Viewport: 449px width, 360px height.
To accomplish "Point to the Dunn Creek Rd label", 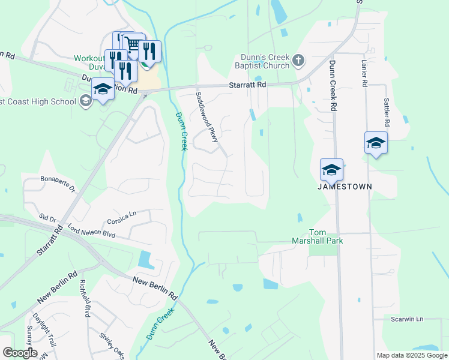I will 331,85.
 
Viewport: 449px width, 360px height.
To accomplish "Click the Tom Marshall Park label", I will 325,236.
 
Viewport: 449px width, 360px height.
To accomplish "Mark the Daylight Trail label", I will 44,331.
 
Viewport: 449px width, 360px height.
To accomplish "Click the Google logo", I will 20,353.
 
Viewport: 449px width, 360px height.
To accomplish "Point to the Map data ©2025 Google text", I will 411,355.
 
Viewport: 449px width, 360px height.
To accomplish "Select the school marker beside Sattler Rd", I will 376,143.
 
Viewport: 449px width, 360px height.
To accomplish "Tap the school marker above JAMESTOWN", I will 331,170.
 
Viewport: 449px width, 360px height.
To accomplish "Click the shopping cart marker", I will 133,44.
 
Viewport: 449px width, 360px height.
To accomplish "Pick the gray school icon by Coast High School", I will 85,101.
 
